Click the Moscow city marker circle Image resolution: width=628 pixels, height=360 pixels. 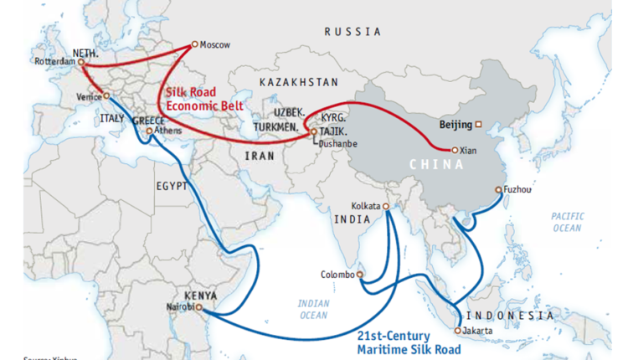[x=194, y=44]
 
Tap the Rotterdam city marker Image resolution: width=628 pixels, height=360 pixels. [x=81, y=61]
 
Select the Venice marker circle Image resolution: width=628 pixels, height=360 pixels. [x=106, y=96]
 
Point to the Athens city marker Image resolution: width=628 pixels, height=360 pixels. [x=149, y=131]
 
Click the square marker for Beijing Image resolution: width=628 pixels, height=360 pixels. [x=478, y=125]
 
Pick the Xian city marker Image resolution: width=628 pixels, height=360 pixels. [x=455, y=150]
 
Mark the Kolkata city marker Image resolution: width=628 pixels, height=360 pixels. [x=386, y=206]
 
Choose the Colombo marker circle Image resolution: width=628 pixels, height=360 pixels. [x=360, y=274]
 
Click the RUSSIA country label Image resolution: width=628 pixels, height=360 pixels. [x=353, y=31]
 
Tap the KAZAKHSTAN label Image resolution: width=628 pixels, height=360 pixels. [x=299, y=82]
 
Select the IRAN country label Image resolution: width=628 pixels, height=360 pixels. [x=255, y=156]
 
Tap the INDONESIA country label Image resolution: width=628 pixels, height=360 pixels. [x=509, y=316]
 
